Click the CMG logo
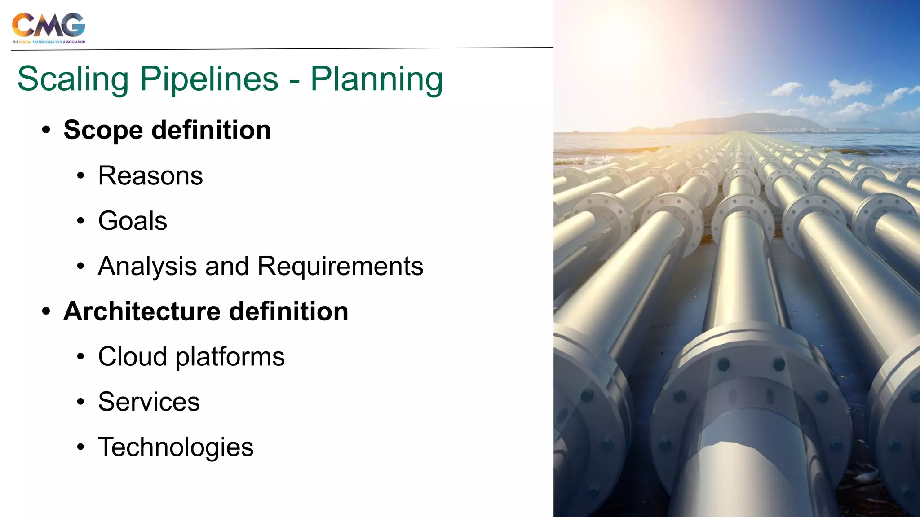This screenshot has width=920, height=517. tap(49, 25)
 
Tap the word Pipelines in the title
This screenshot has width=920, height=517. tap(209, 79)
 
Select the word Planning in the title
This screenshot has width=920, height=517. tap(376, 79)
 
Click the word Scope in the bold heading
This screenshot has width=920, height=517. tap(103, 130)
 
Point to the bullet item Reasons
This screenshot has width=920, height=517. tap(150, 175)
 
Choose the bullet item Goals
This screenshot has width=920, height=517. tap(133, 221)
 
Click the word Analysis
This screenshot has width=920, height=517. tap(147, 266)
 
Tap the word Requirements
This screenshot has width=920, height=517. tap(340, 266)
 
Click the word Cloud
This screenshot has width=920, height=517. tap(133, 357)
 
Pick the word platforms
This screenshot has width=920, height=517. tap(230, 357)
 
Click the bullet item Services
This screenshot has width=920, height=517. tap(149, 402)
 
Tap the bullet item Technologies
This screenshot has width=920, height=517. tap(176, 447)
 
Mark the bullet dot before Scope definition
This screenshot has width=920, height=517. tap(46, 131)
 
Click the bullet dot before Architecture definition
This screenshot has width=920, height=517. tap(46, 311)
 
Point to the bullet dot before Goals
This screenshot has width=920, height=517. tap(80, 221)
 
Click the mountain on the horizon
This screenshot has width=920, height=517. tap(755, 121)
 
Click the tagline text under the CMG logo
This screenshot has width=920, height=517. tap(49, 42)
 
